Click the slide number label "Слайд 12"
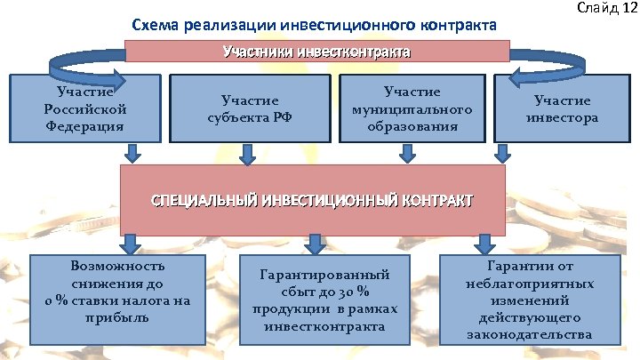point(607,8)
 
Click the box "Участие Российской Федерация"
point(85,108)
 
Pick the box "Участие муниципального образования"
point(412,108)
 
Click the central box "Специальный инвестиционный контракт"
point(312,199)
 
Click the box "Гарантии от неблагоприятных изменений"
point(528,301)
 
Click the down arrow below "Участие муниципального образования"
point(408,155)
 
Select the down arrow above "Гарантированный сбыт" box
point(314,243)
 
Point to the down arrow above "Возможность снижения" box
point(131,243)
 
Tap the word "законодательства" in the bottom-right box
point(528,335)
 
